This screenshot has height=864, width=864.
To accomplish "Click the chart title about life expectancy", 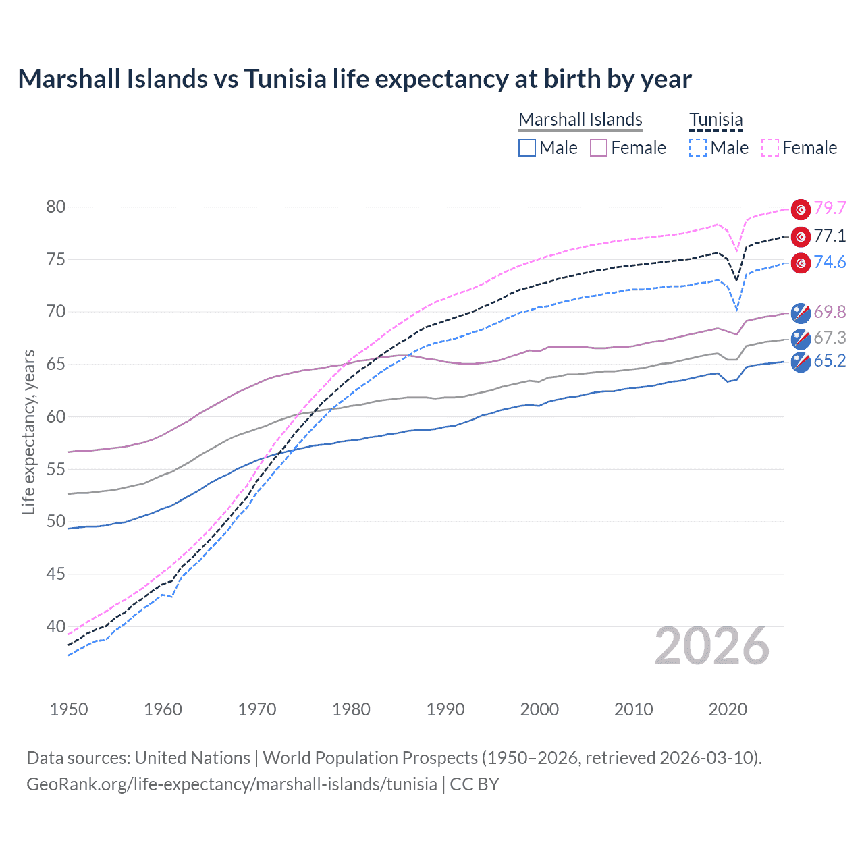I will click(x=354, y=79).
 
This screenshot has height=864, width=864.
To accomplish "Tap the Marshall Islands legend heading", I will click(x=580, y=119).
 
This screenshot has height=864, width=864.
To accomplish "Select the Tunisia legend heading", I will click(x=715, y=119).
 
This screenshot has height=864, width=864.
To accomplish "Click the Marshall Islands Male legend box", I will click(x=527, y=148).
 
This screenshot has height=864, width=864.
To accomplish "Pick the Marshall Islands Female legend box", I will click(x=599, y=148).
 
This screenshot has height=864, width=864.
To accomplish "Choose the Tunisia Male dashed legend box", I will click(x=698, y=148).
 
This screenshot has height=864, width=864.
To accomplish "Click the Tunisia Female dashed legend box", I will click(x=770, y=148).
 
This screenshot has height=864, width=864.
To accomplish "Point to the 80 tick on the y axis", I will click(x=56, y=207).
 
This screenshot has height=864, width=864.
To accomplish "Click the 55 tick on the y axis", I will click(x=56, y=469).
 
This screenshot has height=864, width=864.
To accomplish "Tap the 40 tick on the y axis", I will click(x=56, y=626).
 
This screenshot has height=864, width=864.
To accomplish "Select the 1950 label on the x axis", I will click(x=69, y=709).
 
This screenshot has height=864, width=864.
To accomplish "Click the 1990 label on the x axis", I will click(x=446, y=709).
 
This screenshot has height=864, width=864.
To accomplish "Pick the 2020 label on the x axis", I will click(x=728, y=709).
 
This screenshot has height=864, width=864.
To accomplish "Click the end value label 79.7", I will click(x=830, y=209).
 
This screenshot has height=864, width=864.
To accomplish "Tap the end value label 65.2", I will click(x=830, y=361).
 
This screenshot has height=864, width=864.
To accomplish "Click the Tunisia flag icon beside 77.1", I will click(x=801, y=236).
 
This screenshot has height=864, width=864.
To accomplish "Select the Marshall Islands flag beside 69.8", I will click(x=801, y=313).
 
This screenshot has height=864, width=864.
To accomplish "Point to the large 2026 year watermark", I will click(x=712, y=646).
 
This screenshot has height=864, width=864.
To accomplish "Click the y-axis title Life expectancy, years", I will click(x=28, y=432).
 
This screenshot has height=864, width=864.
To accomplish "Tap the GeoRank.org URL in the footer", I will click(x=232, y=784).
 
